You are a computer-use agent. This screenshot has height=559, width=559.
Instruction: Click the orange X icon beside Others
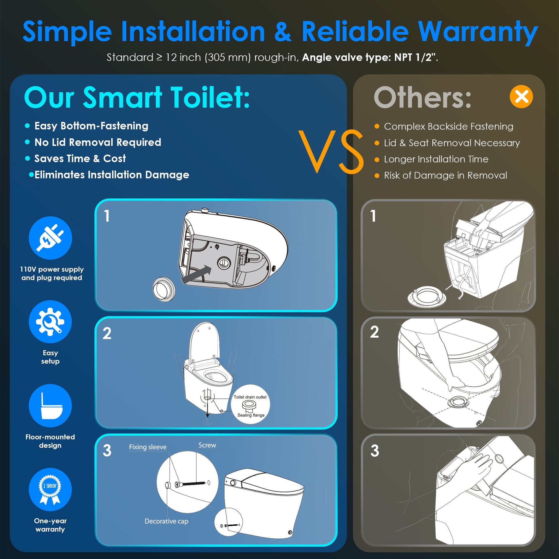pos(521,97)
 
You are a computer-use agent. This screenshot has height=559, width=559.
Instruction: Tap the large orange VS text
pos(331,151)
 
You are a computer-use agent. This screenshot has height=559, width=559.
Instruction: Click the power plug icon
pos(50,238)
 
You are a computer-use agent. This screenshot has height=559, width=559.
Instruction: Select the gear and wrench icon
pos(50,322)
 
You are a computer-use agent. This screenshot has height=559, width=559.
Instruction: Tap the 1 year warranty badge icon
pos(50,489)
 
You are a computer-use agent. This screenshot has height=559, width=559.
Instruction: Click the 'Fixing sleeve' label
pos(148,447)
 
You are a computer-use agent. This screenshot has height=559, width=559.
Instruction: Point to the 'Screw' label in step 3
pos(207,445)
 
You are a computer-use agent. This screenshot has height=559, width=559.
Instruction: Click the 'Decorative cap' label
pos(167,521)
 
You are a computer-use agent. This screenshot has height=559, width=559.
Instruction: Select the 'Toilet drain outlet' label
pos(250,397)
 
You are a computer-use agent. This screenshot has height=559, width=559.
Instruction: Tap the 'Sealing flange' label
pos(251,415)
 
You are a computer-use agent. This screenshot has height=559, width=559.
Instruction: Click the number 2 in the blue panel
pos(107,333)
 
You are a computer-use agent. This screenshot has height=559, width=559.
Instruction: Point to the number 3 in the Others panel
pos(375,451)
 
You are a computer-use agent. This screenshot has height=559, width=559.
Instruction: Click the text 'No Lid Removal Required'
pos(98,142)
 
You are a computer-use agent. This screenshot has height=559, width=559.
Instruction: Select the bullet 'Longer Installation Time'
pos(436,159)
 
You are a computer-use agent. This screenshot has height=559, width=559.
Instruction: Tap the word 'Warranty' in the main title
pos(478,32)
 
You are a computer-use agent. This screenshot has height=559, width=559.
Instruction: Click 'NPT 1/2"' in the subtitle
pos(415,57)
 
